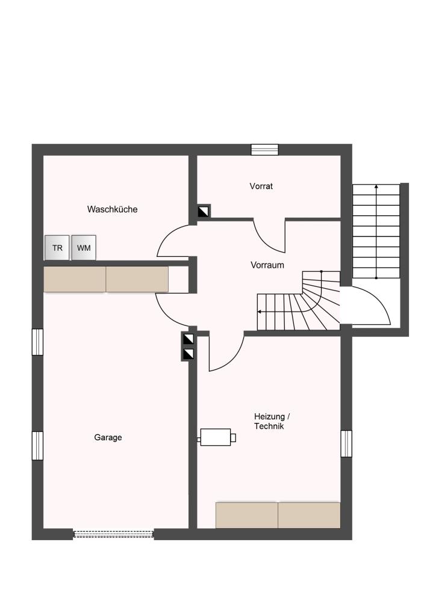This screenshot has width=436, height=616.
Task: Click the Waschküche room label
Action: tap(113, 209)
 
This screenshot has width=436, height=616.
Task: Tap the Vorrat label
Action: tap(261, 186)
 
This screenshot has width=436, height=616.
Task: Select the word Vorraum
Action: tap(267, 265)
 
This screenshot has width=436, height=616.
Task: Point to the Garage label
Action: tap(108, 437)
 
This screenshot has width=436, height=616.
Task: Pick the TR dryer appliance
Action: tap(57, 247)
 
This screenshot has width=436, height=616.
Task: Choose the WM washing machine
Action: tap(84, 247)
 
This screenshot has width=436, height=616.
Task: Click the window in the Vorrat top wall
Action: tap(264, 150)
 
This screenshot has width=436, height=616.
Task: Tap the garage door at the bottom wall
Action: tap(113, 534)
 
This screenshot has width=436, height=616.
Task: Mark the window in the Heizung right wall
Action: tap(346, 443)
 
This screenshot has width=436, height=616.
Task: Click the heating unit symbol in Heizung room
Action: tap(217, 437)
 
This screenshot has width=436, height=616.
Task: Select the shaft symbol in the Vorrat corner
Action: tap(204, 212)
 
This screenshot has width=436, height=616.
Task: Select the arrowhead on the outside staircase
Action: tap(376, 186)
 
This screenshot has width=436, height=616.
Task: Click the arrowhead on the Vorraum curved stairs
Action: tap(260, 312)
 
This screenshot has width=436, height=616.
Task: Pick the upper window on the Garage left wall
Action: tap(37, 342)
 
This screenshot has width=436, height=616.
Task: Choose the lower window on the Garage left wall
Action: tap(37, 446)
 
